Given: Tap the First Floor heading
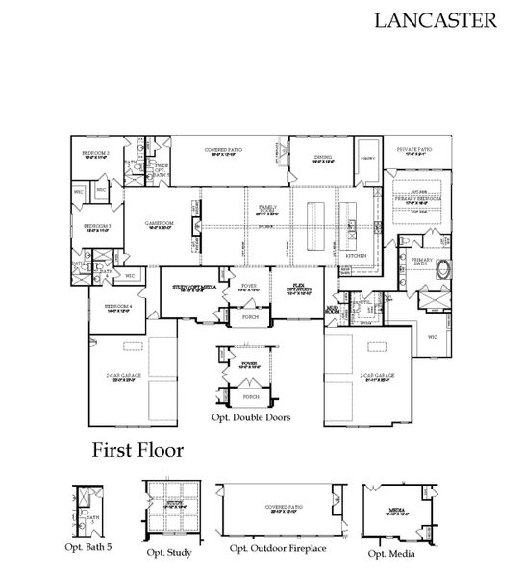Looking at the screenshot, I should point(138,449).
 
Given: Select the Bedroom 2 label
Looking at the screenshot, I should point(95,154).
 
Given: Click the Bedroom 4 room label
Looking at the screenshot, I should point(106,309).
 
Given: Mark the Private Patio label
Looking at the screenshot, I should point(413,150).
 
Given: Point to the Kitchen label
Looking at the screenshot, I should point(356,256).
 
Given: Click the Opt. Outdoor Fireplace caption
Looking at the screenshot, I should point(278,548).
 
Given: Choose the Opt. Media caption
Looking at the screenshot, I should point(394,553).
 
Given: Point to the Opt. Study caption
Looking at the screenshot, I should point(169,553).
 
